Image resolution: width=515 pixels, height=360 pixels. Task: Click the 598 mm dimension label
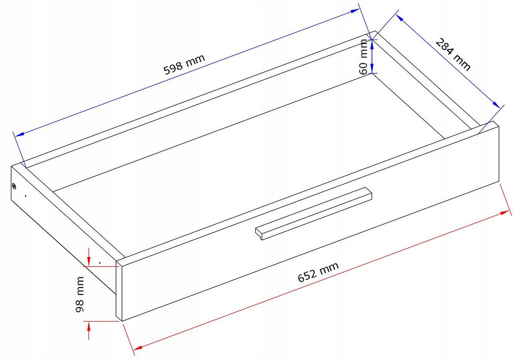(184, 64)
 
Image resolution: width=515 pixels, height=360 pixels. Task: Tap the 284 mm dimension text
(453, 54)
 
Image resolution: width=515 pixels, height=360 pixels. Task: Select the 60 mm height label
(363, 57)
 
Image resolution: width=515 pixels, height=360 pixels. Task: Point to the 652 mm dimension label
(318, 272)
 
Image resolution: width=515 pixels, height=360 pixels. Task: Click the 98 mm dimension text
(80, 294)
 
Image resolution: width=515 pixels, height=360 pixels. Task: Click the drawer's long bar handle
(313, 214)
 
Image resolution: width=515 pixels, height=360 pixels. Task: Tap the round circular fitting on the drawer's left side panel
(14, 186)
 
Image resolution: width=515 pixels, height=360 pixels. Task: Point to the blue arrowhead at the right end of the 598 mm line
(355, 11)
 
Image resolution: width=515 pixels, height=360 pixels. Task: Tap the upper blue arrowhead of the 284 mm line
(400, 18)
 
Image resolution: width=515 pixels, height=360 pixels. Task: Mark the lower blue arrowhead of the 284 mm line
(496, 104)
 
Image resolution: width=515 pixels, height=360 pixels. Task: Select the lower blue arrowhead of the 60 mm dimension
(372, 69)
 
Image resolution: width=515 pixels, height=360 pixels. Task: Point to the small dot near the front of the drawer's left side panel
(100, 262)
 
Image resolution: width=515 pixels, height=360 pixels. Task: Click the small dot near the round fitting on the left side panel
(25, 196)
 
